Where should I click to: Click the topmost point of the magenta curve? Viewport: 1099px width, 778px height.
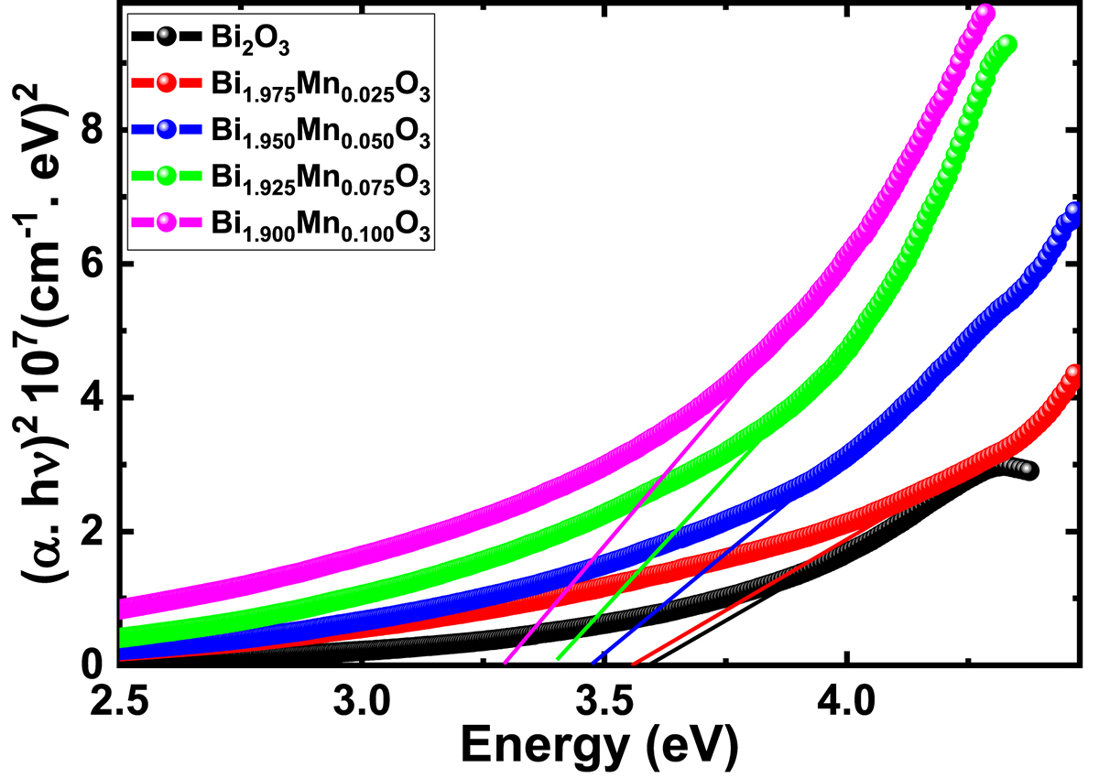pyautogui.click(x=985, y=13)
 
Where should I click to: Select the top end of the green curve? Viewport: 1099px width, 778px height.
pyautogui.click(x=1007, y=43)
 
